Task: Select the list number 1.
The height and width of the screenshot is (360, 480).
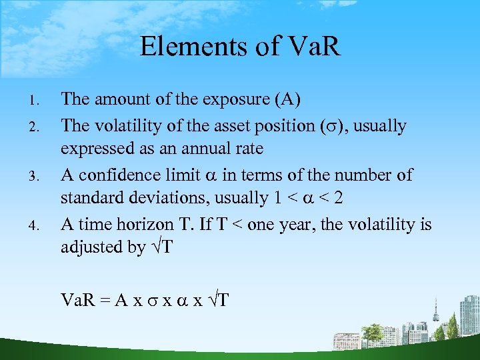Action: (37, 101)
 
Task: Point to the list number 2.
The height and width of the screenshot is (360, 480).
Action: (37, 126)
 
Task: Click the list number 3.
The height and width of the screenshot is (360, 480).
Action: (37, 175)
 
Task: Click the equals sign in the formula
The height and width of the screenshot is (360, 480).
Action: (105, 299)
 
